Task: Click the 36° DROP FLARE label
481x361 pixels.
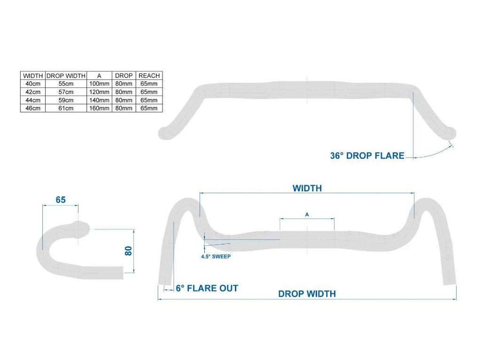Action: (x=367, y=156)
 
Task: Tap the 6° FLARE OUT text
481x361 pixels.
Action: (x=207, y=288)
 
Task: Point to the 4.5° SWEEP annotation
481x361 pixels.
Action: (x=216, y=257)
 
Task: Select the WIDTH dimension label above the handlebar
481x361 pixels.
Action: (x=307, y=188)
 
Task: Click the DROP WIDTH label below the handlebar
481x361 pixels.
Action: (x=307, y=294)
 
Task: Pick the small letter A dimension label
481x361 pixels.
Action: (x=307, y=214)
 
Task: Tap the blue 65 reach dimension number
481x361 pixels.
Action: (x=61, y=200)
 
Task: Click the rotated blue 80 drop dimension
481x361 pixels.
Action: (x=129, y=251)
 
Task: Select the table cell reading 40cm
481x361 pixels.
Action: (x=33, y=84)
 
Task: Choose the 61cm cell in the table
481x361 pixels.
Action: (x=66, y=108)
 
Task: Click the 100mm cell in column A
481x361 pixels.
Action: (x=99, y=84)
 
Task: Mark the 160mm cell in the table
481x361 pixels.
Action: (x=99, y=108)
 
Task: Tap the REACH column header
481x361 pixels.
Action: (x=149, y=75)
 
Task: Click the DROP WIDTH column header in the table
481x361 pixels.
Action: (x=66, y=75)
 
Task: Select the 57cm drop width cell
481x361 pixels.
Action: (x=66, y=92)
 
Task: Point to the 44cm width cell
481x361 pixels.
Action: (x=33, y=100)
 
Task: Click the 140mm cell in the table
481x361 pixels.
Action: (x=99, y=100)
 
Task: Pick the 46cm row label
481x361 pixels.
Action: (x=33, y=108)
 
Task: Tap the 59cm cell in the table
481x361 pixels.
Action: (x=66, y=100)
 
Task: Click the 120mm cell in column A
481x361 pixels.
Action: (x=99, y=92)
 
